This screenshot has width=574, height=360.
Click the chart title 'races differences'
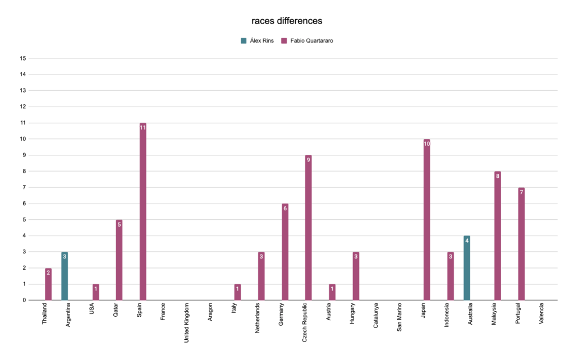[x=287, y=21]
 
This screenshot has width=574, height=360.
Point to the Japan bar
[x=426, y=219]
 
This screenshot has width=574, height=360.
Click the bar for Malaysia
[x=498, y=236]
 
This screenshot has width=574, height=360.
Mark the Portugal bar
[x=521, y=244]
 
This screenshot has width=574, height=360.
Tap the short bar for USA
[x=95, y=292]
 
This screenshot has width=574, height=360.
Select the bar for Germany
[x=284, y=252]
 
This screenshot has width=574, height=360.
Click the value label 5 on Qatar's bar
[x=119, y=224]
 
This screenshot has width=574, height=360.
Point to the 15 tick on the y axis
[x=23, y=58]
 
